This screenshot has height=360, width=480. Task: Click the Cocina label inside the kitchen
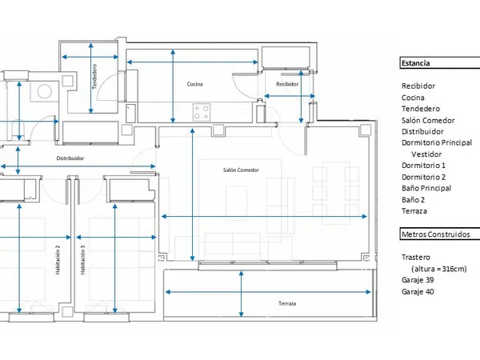point(194,84)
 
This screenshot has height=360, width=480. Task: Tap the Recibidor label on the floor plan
point(287,84)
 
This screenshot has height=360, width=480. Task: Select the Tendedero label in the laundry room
point(94,77)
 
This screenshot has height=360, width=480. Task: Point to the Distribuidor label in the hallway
point(70,158)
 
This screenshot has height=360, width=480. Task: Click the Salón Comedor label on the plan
point(241,170)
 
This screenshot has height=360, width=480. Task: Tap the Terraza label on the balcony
point(287,303)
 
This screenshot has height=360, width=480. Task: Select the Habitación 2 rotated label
point(58,259)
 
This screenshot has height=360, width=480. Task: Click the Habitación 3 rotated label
point(82,259)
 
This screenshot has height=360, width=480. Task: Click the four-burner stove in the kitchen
point(202,112)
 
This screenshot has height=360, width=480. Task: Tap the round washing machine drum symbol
point(44,91)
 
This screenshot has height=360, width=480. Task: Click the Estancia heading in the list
point(415,63)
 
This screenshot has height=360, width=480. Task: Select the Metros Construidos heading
point(436,234)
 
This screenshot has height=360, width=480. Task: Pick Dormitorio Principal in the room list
point(437,142)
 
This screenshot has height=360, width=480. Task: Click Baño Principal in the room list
point(426,188)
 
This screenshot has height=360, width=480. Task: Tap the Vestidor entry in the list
point(426,154)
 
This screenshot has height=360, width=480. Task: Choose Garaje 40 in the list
point(418,291)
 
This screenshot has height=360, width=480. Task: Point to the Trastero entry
point(416,257)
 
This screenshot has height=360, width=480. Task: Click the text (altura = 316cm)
point(439,269)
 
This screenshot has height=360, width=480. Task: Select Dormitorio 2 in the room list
point(423,177)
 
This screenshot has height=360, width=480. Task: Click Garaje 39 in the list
point(418,280)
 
